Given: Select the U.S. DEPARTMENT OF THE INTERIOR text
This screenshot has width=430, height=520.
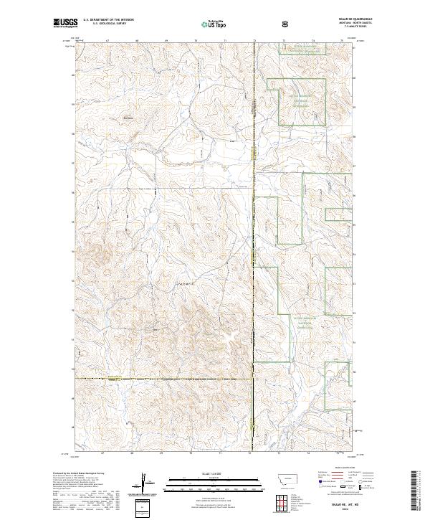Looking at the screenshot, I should pyautogui.click(x=107, y=22).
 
